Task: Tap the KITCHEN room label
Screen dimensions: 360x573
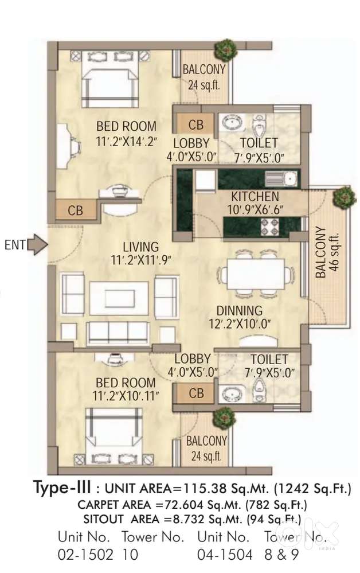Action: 255,196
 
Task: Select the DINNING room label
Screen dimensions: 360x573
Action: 240,311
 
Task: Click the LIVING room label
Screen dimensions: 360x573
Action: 140,247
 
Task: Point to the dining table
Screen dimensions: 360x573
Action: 256,274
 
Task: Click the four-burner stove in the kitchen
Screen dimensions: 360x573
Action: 269,227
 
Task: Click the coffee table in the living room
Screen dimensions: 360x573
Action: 119,298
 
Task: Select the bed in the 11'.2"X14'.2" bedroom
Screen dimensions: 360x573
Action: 110,79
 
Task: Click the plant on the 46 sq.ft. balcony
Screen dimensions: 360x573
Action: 344,198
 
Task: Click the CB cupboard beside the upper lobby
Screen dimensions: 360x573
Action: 195,124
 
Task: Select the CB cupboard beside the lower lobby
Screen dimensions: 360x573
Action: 195,393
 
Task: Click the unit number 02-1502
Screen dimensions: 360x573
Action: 85,555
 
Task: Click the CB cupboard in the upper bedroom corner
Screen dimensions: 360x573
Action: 76,211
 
